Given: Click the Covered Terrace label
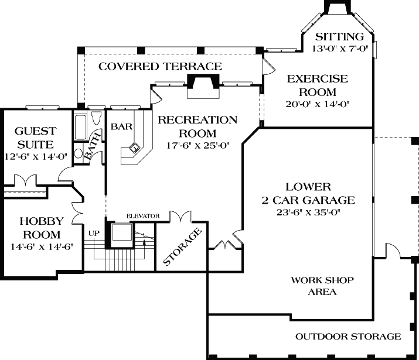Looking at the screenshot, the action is pos(161,67).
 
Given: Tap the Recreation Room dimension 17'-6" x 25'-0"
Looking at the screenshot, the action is pos(198,146).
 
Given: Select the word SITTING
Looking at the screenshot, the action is pos(340,36).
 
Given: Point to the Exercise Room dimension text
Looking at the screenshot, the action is pos(318,104).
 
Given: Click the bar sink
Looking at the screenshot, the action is pos(134,147).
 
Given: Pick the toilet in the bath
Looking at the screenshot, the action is pos(96,118).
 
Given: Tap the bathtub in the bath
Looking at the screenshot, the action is pos(80,127).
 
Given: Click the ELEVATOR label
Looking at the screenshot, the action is pos(143,216).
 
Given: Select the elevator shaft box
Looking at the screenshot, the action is pos(122,232).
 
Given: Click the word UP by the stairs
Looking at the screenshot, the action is pos(94,233).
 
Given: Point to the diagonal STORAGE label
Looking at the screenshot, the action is pos(182,247).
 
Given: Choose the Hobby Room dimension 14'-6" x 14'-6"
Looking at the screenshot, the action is pos(42,247).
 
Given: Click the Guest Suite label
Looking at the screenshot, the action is pos(36,138).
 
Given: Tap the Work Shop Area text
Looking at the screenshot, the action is pos(322,286).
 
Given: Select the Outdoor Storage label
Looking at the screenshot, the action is pos(348,336).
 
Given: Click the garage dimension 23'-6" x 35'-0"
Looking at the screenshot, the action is pos(308,212).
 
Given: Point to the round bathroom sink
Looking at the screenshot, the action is pos(79,154).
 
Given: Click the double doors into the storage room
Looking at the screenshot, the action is pos(181,216).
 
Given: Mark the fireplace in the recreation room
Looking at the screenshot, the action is pos(203,86).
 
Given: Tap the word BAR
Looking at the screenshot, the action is pos(121,126).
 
